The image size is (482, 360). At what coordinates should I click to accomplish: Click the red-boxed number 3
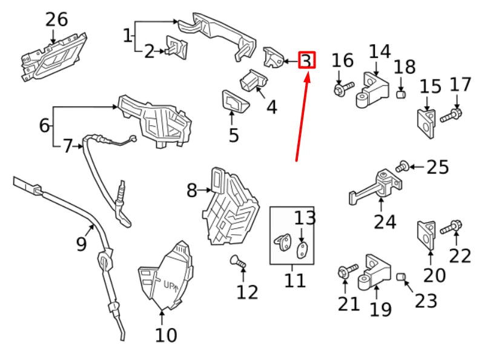click(x=307, y=61)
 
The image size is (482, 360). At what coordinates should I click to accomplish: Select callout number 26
click(x=56, y=20)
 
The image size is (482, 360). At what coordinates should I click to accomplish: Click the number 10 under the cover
click(x=166, y=334)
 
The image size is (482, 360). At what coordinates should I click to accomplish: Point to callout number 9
click(x=82, y=244)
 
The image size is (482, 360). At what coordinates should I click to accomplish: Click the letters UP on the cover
click(x=167, y=285)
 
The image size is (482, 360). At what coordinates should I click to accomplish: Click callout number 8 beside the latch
click(x=192, y=191)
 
